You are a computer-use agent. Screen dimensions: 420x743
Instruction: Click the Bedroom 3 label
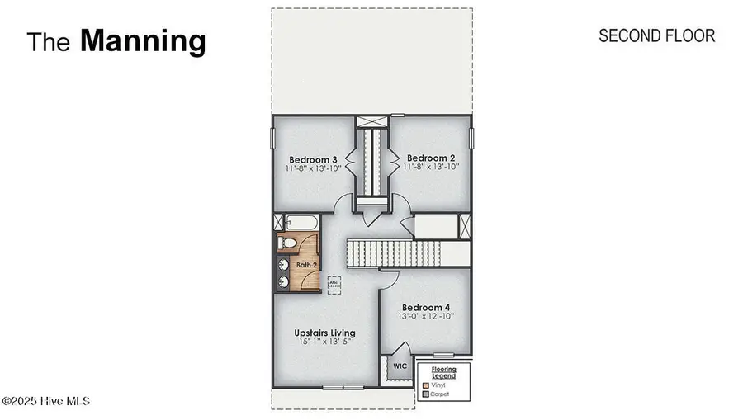pyautogui.click(x=313, y=158)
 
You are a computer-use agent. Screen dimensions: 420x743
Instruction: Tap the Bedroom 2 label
pyautogui.click(x=432, y=157)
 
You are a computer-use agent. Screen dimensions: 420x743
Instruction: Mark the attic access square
pyautogui.click(x=335, y=281)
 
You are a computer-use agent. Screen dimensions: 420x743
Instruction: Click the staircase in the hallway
pyautogui.click(x=395, y=252)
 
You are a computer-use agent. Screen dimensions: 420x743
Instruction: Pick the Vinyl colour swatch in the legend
pyautogui.click(x=424, y=385)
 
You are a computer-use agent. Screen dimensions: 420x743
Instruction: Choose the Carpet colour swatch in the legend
pyautogui.click(x=424, y=394)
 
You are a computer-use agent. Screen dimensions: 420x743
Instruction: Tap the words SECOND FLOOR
pyautogui.click(x=656, y=35)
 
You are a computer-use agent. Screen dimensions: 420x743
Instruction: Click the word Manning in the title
pyautogui.click(x=143, y=40)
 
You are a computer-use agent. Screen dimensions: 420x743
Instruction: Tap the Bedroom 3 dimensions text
pyautogui.click(x=313, y=168)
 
